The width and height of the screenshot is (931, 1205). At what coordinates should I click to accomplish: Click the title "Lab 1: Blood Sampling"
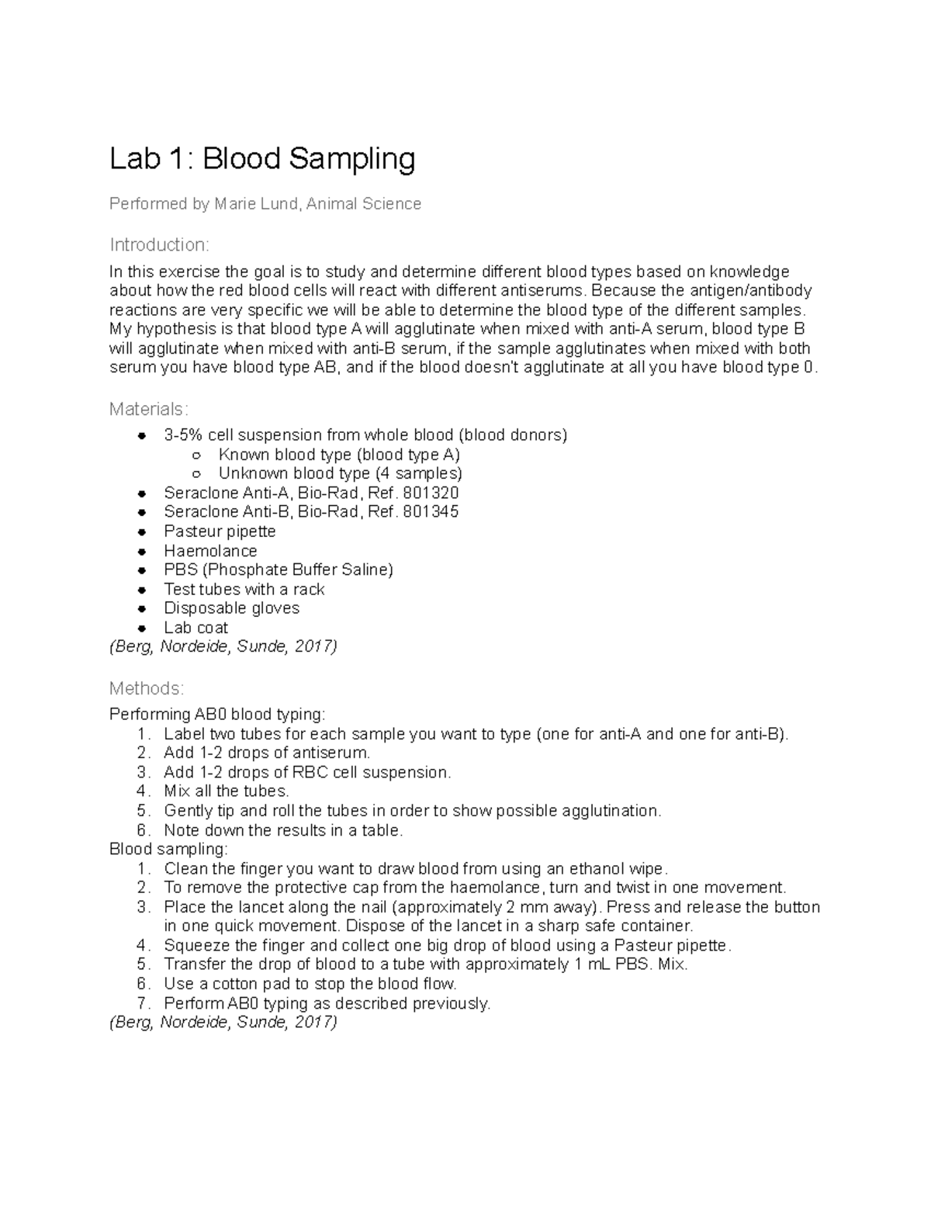click(x=262, y=159)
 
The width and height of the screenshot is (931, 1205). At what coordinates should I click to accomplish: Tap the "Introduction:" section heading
click(x=159, y=245)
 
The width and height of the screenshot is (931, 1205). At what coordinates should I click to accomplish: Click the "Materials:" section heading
click(x=148, y=409)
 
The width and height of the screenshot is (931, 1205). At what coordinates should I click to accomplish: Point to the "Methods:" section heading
click(x=147, y=688)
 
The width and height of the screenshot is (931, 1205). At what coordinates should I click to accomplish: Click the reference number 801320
click(x=431, y=493)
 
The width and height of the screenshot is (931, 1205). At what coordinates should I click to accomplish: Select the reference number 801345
click(x=431, y=512)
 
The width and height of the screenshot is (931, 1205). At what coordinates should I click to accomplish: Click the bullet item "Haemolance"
click(x=210, y=551)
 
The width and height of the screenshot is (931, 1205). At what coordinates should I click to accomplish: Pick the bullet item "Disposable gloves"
click(x=231, y=608)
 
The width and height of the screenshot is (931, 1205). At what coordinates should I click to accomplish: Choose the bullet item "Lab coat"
click(x=196, y=628)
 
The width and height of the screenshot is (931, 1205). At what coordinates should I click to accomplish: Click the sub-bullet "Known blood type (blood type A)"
click(x=339, y=455)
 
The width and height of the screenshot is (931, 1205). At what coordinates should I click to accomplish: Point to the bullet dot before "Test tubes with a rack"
click(x=141, y=590)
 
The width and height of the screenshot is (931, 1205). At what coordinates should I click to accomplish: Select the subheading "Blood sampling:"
click(x=168, y=850)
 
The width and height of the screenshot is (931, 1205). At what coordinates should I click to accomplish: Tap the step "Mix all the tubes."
click(x=226, y=791)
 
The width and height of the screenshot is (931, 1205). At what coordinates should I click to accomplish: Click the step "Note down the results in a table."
click(x=283, y=830)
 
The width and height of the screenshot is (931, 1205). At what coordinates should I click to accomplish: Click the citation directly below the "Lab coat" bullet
click(x=223, y=647)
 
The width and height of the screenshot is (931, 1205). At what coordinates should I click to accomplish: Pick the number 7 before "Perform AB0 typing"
click(x=142, y=1003)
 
